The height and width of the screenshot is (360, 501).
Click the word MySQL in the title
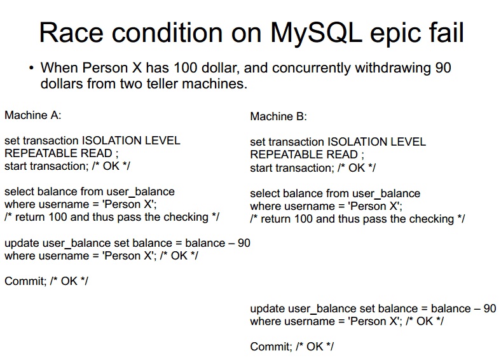(x=317, y=34)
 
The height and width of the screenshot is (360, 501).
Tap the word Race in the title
(x=71, y=32)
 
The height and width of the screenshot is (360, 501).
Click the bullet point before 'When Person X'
(x=31, y=68)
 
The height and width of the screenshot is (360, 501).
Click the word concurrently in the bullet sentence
(x=311, y=69)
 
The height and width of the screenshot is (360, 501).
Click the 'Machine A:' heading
(x=32, y=115)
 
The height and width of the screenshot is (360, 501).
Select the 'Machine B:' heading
(x=278, y=116)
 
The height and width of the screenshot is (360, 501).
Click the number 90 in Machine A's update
(x=244, y=243)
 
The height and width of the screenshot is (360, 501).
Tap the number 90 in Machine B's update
(x=490, y=308)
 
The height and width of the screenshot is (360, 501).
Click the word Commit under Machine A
(x=25, y=281)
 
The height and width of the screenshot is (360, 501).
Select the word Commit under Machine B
(x=271, y=347)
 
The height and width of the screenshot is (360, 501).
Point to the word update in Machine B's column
(x=268, y=309)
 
